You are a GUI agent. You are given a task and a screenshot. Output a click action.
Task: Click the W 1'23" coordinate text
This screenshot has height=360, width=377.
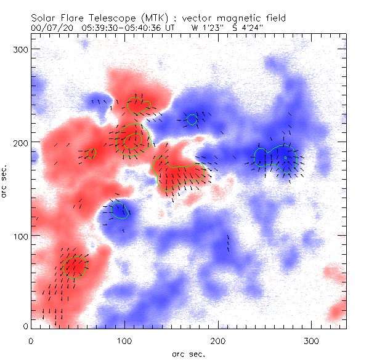204,28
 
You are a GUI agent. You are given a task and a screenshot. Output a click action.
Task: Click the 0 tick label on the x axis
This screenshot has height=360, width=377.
31,340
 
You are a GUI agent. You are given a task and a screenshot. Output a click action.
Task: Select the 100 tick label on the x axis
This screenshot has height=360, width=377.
125,340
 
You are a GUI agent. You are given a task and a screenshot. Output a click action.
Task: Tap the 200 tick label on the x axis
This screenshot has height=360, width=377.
219,340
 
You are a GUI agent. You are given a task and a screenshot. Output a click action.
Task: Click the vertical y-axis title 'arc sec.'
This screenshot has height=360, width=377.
6,180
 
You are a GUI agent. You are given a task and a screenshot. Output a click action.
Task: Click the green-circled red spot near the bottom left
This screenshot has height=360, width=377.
75,266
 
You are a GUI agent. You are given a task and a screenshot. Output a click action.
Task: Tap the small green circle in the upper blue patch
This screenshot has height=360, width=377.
192,119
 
